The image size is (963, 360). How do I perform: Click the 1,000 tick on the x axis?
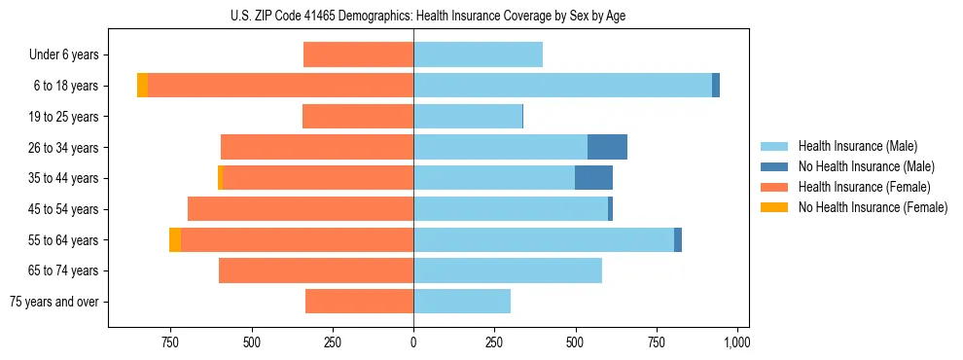click(736, 342)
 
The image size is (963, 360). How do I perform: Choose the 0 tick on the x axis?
click(413, 342)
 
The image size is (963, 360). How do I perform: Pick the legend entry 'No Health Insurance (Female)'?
click(872, 207)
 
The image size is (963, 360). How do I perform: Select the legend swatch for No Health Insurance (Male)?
click(775, 166)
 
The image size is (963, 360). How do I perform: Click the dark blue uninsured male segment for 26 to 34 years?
click(607, 147)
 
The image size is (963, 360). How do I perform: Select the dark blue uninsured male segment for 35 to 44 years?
click(593, 178)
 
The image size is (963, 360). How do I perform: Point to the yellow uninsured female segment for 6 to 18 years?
click(142, 86)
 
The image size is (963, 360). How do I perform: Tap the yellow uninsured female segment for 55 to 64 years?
click(175, 239)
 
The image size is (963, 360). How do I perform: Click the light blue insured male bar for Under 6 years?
click(478, 54)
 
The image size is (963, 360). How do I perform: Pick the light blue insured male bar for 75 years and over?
click(462, 302)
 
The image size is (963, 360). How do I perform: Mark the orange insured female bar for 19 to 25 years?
click(358, 117)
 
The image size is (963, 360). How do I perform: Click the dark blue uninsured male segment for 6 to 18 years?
click(716, 86)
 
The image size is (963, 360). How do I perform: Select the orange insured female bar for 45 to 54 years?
click(301, 209)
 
